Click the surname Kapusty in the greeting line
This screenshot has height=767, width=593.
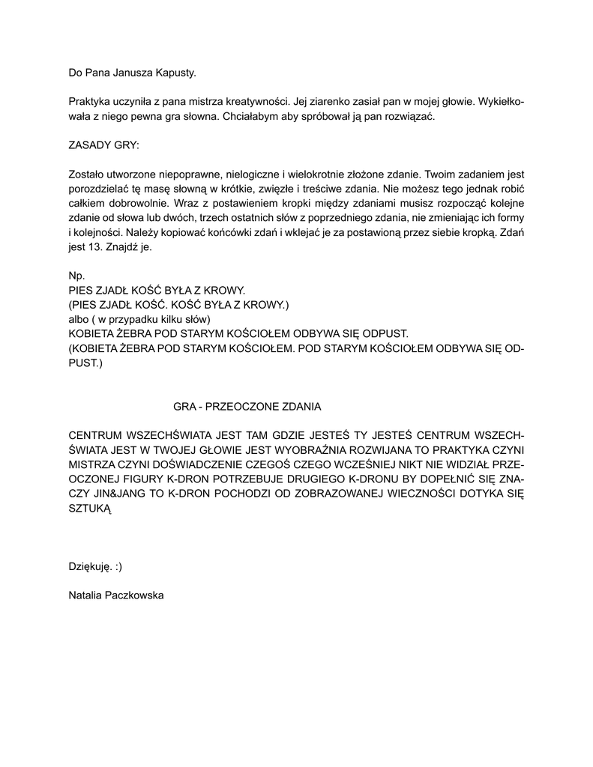[x=175, y=73]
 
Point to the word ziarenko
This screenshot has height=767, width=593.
[x=345, y=100]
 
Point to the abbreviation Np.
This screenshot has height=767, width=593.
[x=76, y=276]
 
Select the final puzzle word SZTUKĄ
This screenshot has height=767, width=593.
[x=90, y=509]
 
